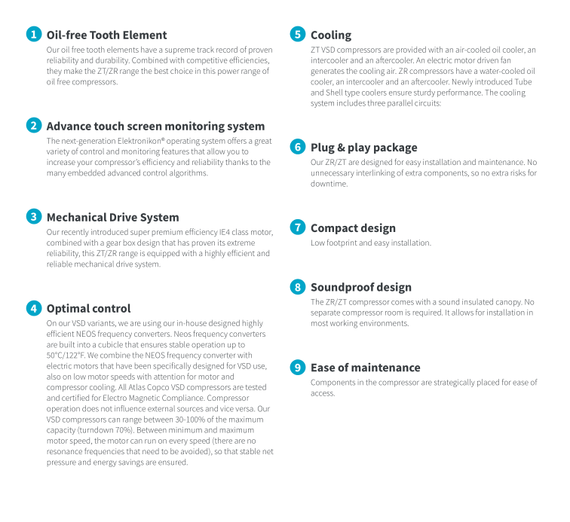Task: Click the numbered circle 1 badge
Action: click(x=33, y=35)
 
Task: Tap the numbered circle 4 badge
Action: click(x=33, y=308)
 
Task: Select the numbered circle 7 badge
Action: click(x=298, y=227)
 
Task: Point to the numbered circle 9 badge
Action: click(x=298, y=368)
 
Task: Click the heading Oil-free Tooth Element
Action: click(x=106, y=35)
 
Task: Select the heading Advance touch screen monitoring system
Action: click(x=155, y=126)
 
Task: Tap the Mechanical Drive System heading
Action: click(x=112, y=217)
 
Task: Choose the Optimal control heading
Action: click(x=88, y=308)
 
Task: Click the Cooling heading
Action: click(x=331, y=35)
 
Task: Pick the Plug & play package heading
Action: click(x=363, y=147)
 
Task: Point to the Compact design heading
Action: click(x=353, y=227)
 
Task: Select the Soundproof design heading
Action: click(x=361, y=287)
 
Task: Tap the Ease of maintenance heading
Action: click(x=365, y=368)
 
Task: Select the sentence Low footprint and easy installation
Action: click(x=371, y=243)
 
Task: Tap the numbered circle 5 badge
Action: click(x=298, y=35)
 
